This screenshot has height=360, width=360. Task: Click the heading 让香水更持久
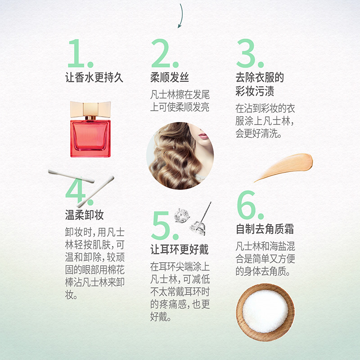tap(94, 77)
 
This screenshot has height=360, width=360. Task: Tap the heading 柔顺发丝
tap(169, 77)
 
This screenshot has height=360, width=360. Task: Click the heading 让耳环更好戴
tap(180, 249)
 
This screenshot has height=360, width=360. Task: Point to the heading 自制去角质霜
tap(265, 229)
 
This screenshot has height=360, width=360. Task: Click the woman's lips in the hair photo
tap(202, 135)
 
